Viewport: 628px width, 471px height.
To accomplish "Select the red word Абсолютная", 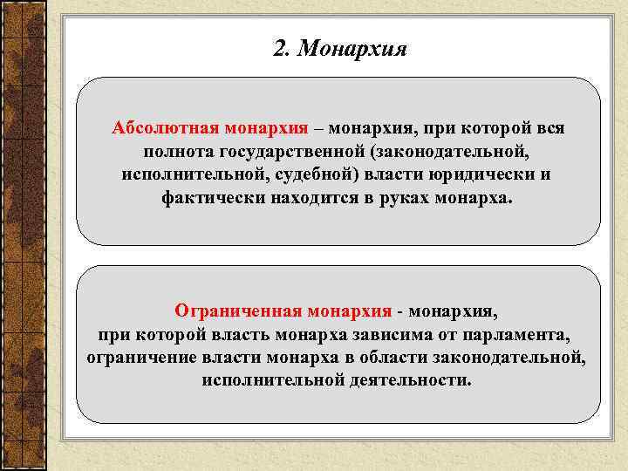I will (163, 128).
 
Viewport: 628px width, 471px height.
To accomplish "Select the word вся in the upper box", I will (549, 128).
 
